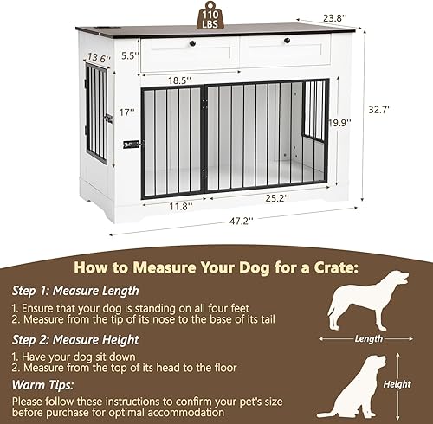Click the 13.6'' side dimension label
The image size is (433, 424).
pos(98,58)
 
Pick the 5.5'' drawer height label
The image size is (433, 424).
pos(129,55)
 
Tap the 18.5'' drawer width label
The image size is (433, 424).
pos(180,79)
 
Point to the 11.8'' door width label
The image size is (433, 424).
pos(179,207)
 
